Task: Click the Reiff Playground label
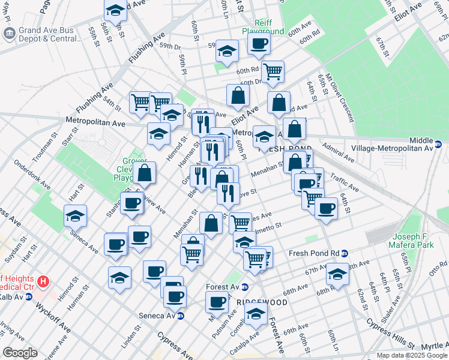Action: coord(263,26)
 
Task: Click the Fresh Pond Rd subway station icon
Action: coord(345,253)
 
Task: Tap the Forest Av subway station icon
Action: coord(244,287)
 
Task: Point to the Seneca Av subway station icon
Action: coord(180,316)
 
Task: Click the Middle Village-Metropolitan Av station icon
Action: coord(438,144)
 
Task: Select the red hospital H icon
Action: coord(43,281)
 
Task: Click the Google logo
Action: coord(20,353)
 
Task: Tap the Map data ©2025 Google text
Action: coord(412,355)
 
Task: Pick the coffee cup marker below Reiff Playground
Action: coord(259,44)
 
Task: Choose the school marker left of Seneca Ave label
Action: coord(76,216)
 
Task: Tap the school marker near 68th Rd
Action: coord(337,275)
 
